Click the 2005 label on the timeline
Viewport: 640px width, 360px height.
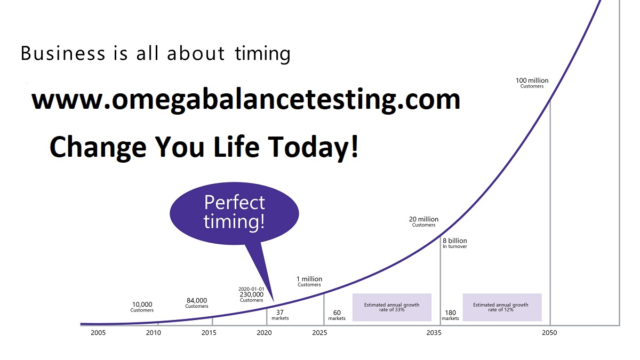(x=98, y=333)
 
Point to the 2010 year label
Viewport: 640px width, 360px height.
(x=154, y=333)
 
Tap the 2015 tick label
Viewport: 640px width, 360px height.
(x=209, y=333)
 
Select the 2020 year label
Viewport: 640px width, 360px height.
(x=265, y=333)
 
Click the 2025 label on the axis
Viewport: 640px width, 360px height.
(x=319, y=333)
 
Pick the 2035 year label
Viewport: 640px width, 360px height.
(x=434, y=333)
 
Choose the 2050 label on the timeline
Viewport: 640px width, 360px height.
(x=549, y=333)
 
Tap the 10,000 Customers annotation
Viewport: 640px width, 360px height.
(x=142, y=307)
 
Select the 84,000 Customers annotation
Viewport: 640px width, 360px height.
(x=197, y=303)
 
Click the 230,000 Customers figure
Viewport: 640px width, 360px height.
(x=251, y=297)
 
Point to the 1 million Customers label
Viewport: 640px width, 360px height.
(x=309, y=282)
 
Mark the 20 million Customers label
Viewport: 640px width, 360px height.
(x=423, y=222)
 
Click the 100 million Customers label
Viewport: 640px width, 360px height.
(x=532, y=83)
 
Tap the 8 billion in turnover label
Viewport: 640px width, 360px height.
(x=455, y=243)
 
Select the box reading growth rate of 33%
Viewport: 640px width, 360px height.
(x=391, y=307)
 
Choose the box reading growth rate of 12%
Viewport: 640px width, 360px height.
(x=502, y=307)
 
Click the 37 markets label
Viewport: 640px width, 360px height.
(x=280, y=315)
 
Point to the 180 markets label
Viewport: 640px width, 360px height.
(x=450, y=315)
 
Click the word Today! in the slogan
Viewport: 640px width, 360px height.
(x=313, y=147)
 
